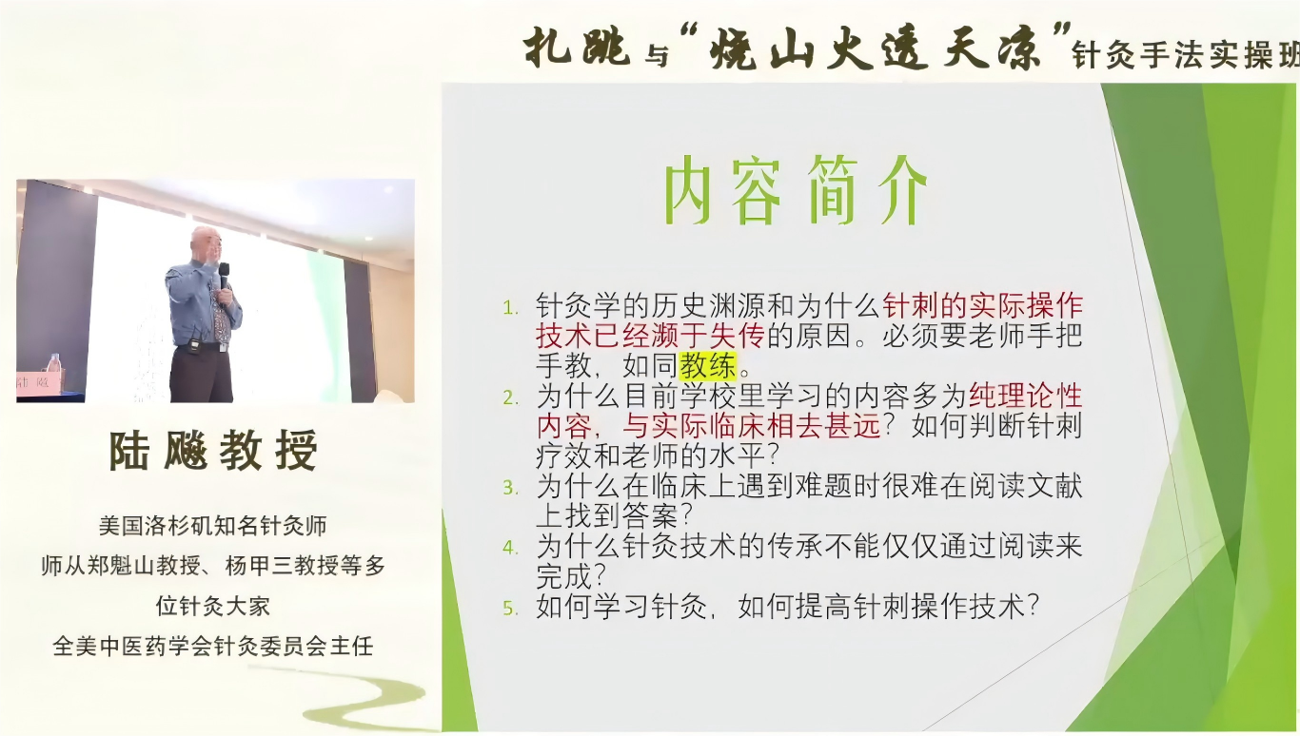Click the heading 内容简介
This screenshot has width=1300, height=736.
pos(794,191)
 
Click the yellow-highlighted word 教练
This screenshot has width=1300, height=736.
pos(707,365)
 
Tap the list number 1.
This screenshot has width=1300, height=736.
pos(511,307)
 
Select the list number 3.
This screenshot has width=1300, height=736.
pos(511,488)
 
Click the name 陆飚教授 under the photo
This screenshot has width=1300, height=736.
pos(213,450)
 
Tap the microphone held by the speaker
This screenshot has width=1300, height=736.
pos(224,275)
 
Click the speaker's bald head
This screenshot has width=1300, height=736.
pos(204,240)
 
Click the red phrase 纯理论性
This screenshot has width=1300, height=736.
pos(1025,396)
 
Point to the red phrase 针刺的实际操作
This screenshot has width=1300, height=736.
pos(983,305)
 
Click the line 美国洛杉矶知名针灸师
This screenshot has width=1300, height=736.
pos(213,525)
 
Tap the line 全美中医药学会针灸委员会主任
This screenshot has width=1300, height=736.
pos(213,647)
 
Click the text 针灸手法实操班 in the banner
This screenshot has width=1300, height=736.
pos(1185,55)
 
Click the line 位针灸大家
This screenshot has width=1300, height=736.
pos(213,606)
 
